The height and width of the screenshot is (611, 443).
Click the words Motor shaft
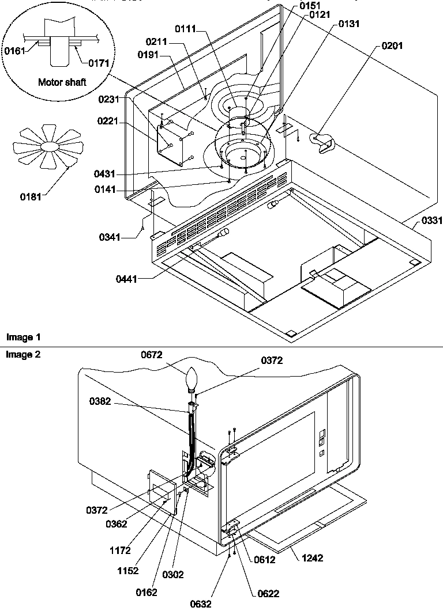coord(62,82)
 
